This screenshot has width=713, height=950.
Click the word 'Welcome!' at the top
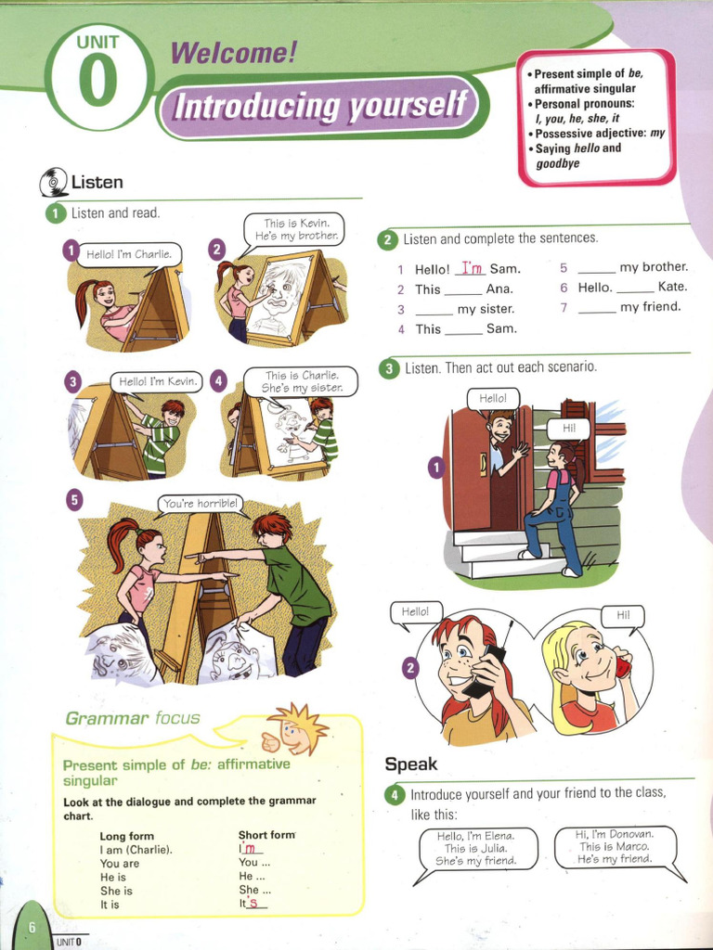pos(233,53)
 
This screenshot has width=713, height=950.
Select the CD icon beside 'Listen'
pos(53,183)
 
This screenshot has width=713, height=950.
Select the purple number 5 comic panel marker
pos(74,500)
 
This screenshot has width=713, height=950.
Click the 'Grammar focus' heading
pos(132,719)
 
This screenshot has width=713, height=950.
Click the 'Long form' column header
pos(126,836)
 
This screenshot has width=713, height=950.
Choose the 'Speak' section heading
pos(411,764)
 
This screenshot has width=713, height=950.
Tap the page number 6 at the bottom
pos(32,928)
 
